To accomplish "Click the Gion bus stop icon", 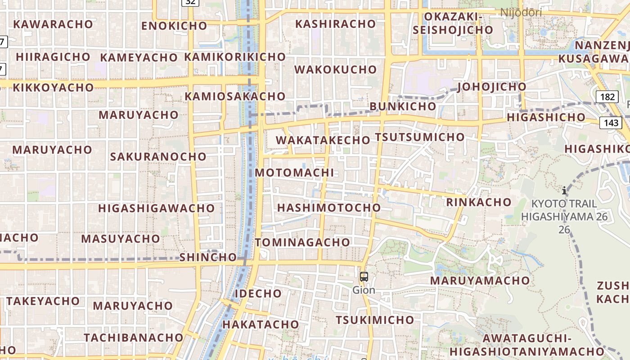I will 364,277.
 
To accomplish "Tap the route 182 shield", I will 607,97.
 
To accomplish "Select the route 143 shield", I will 610,122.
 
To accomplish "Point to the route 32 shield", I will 191,2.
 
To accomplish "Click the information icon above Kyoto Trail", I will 564,190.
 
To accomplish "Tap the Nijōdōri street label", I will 521,13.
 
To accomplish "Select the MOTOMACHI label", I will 294,173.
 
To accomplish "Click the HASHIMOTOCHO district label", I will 329,207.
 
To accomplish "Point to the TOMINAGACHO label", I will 302,243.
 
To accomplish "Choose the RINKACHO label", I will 479,202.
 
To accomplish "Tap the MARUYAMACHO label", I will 480,280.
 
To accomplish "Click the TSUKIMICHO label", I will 375,320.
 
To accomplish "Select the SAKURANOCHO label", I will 158,157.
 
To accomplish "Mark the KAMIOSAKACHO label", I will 235,96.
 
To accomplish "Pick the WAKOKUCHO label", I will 335,70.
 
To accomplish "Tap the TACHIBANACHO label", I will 134,337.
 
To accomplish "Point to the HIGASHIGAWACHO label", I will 157,208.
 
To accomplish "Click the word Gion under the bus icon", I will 364,290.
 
